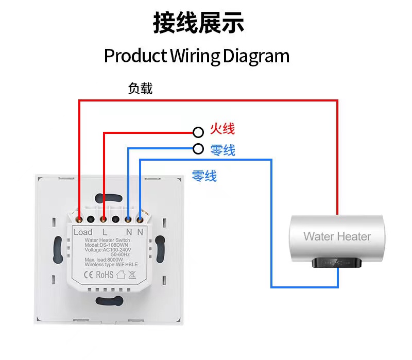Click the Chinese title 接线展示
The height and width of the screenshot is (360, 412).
tap(198, 23)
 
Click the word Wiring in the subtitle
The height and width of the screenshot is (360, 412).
tap(195, 57)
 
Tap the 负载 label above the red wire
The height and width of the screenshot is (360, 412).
tap(140, 88)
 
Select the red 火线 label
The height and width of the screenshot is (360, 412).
tap(222, 129)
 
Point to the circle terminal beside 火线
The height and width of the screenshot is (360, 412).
tap(198, 132)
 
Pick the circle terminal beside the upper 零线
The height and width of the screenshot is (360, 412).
tap(198, 149)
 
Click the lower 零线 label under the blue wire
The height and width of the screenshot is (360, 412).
tap(204, 176)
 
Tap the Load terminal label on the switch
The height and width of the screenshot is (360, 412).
tap(83, 232)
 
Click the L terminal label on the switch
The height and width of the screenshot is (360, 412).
tap(105, 232)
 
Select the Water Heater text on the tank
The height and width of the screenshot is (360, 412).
tap(337, 236)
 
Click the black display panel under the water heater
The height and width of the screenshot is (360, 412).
tap(337, 263)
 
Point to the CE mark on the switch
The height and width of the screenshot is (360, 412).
tap(88, 275)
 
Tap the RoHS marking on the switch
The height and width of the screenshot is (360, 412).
tap(105, 275)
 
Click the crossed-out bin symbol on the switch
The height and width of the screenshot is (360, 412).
tap(132, 275)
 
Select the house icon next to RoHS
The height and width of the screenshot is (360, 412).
tap(121, 275)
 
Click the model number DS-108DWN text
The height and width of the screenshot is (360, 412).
tap(114, 245)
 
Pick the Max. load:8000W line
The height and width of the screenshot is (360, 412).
tap(104, 260)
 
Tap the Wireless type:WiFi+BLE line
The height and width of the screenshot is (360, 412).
tap(111, 264)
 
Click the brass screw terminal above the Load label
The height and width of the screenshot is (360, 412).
tap(79, 219)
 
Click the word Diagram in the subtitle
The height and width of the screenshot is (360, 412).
tap(256, 57)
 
